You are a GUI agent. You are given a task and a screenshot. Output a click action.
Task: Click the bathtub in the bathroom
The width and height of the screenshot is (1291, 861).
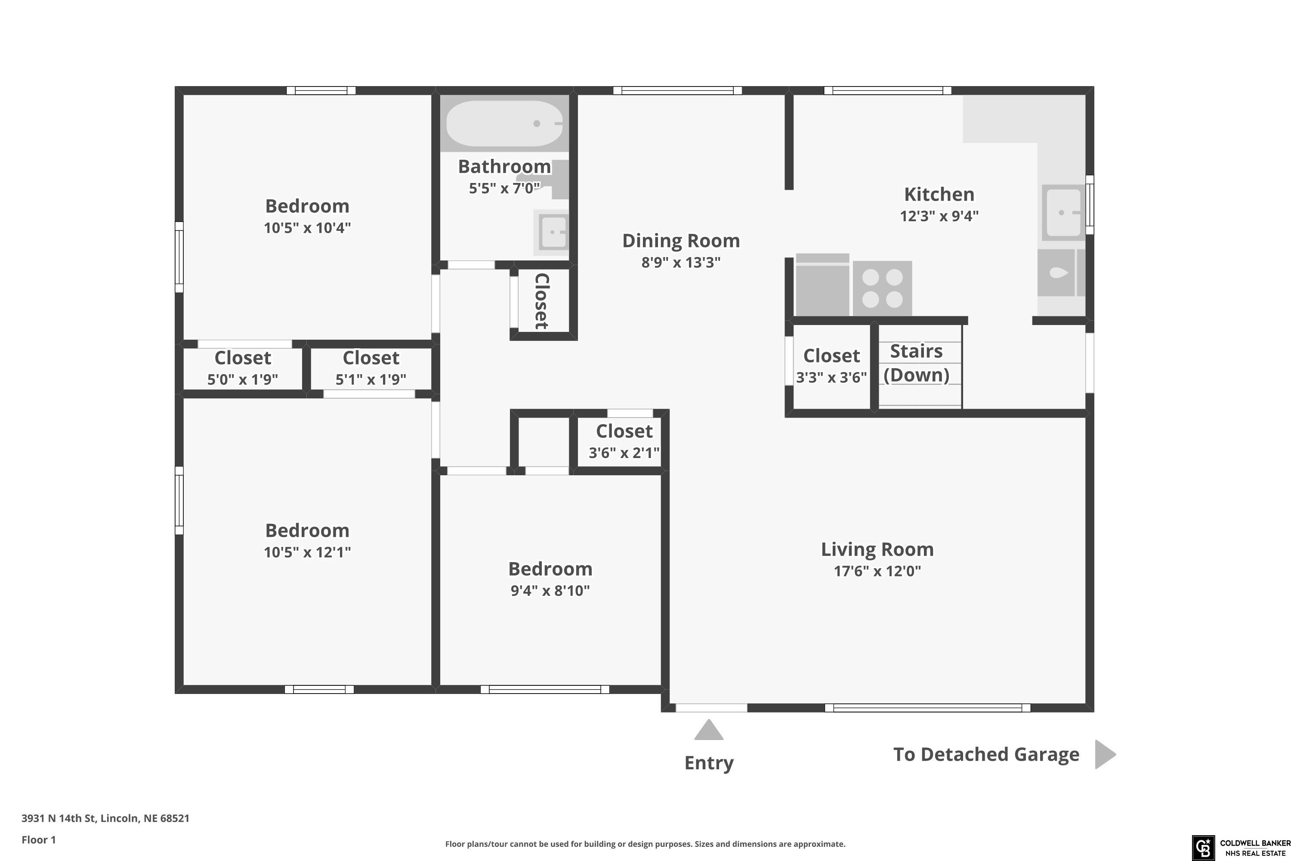(504, 124)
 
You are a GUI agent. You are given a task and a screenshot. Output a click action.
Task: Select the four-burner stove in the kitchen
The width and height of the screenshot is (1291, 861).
(882, 288)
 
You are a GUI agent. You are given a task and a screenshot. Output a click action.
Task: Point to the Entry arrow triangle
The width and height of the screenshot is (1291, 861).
(709, 730)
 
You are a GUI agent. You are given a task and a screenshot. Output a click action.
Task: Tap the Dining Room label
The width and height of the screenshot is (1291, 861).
(681, 241)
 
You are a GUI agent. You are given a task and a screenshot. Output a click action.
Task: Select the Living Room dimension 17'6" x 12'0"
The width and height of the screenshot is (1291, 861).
(877, 571)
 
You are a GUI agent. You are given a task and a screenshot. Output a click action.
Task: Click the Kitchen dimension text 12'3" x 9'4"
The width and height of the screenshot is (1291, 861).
(939, 216)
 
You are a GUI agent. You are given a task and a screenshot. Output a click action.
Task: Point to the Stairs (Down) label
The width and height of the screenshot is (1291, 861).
(916, 363)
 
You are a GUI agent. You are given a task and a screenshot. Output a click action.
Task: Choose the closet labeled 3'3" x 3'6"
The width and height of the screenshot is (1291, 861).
(831, 367)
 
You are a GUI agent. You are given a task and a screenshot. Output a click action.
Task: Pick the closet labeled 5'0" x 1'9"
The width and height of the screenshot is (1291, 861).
(243, 368)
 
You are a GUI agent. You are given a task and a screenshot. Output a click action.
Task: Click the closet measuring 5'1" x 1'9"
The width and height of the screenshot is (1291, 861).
(371, 368)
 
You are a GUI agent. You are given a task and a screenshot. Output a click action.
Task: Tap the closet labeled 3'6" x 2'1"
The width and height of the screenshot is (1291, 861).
(620, 442)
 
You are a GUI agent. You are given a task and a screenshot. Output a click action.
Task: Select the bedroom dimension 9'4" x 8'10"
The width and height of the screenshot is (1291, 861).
(550, 590)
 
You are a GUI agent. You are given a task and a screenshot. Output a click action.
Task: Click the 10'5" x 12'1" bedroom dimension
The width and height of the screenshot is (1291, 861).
(307, 552)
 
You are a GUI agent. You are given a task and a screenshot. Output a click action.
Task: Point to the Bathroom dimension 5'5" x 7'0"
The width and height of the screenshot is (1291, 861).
(504, 189)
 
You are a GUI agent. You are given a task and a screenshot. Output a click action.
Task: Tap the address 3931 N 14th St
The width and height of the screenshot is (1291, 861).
(59, 818)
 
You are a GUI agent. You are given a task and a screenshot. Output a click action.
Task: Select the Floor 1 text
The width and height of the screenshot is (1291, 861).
(38, 839)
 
